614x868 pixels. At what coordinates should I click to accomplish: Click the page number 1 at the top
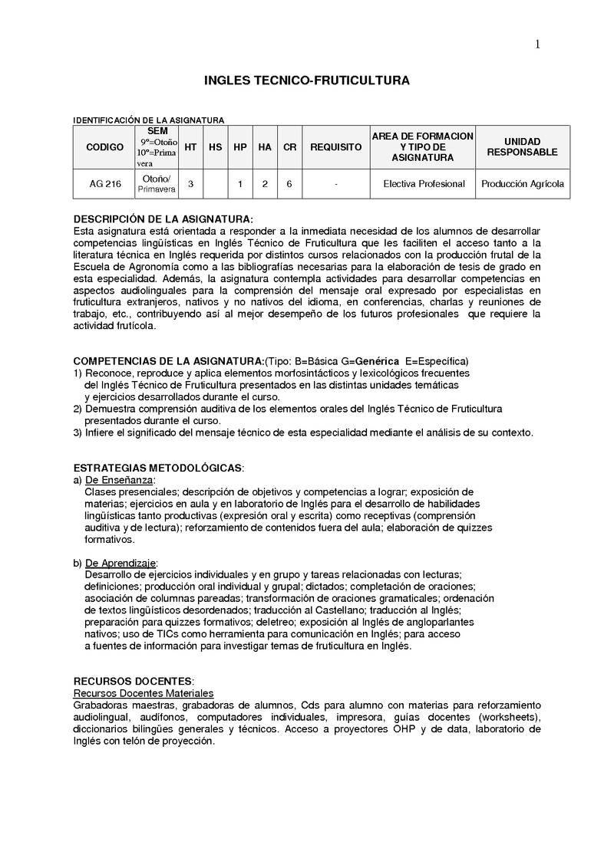pyautogui.click(x=538, y=44)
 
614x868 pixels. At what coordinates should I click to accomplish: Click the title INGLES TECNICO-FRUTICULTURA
pyautogui.click(x=306, y=80)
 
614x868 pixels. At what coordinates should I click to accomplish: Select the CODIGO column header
pyautogui.click(x=104, y=146)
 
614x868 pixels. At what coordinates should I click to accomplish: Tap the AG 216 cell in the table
pyautogui.click(x=104, y=184)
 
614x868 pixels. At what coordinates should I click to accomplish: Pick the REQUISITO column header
pyautogui.click(x=336, y=146)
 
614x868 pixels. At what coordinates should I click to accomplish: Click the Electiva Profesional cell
pyautogui.click(x=424, y=184)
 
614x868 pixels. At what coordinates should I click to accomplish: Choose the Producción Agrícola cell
pyautogui.click(x=523, y=184)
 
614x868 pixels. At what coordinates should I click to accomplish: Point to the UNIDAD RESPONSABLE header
pyautogui.click(x=523, y=146)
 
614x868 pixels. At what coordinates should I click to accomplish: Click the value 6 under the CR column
pyautogui.click(x=289, y=184)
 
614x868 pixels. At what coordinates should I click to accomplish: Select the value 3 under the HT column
pyautogui.click(x=190, y=184)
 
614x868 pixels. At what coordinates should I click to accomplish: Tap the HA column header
pyautogui.click(x=265, y=146)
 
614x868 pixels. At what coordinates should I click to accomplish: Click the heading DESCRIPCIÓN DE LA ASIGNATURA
pyautogui.click(x=163, y=219)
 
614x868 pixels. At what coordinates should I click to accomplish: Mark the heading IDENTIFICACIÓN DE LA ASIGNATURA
pyautogui.click(x=148, y=120)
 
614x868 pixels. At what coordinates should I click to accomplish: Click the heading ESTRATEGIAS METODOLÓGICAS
pyautogui.click(x=158, y=468)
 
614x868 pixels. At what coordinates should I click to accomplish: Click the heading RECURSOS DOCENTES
pyautogui.click(x=134, y=681)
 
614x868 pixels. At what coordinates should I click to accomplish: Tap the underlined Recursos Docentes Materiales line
pyautogui.click(x=143, y=693)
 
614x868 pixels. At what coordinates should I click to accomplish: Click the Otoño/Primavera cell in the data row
pyautogui.click(x=157, y=184)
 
